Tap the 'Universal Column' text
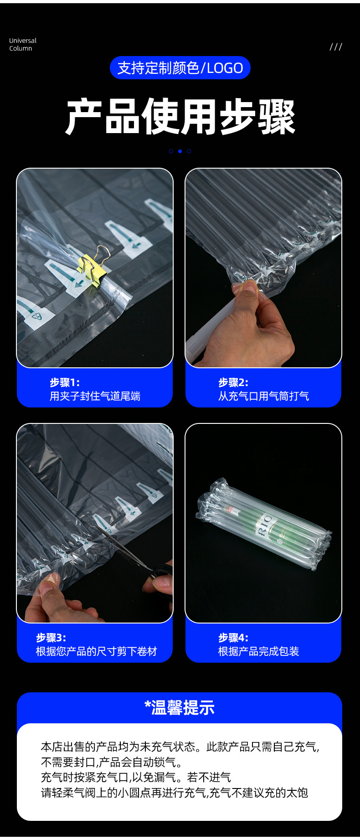point(22,45)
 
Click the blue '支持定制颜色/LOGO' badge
point(180,68)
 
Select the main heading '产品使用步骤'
point(180,117)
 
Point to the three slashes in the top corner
point(336,47)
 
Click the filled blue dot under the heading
point(180,151)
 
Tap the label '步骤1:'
point(65,382)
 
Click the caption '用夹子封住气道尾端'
point(95,396)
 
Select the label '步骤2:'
point(233,382)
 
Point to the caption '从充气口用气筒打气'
point(263,396)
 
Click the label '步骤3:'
point(51,638)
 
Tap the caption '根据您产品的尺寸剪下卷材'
point(96,651)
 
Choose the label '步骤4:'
point(233,638)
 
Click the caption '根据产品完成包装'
point(258,651)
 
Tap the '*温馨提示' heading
point(180,708)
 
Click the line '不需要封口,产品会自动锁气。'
point(112,762)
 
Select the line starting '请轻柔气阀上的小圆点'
point(175,793)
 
